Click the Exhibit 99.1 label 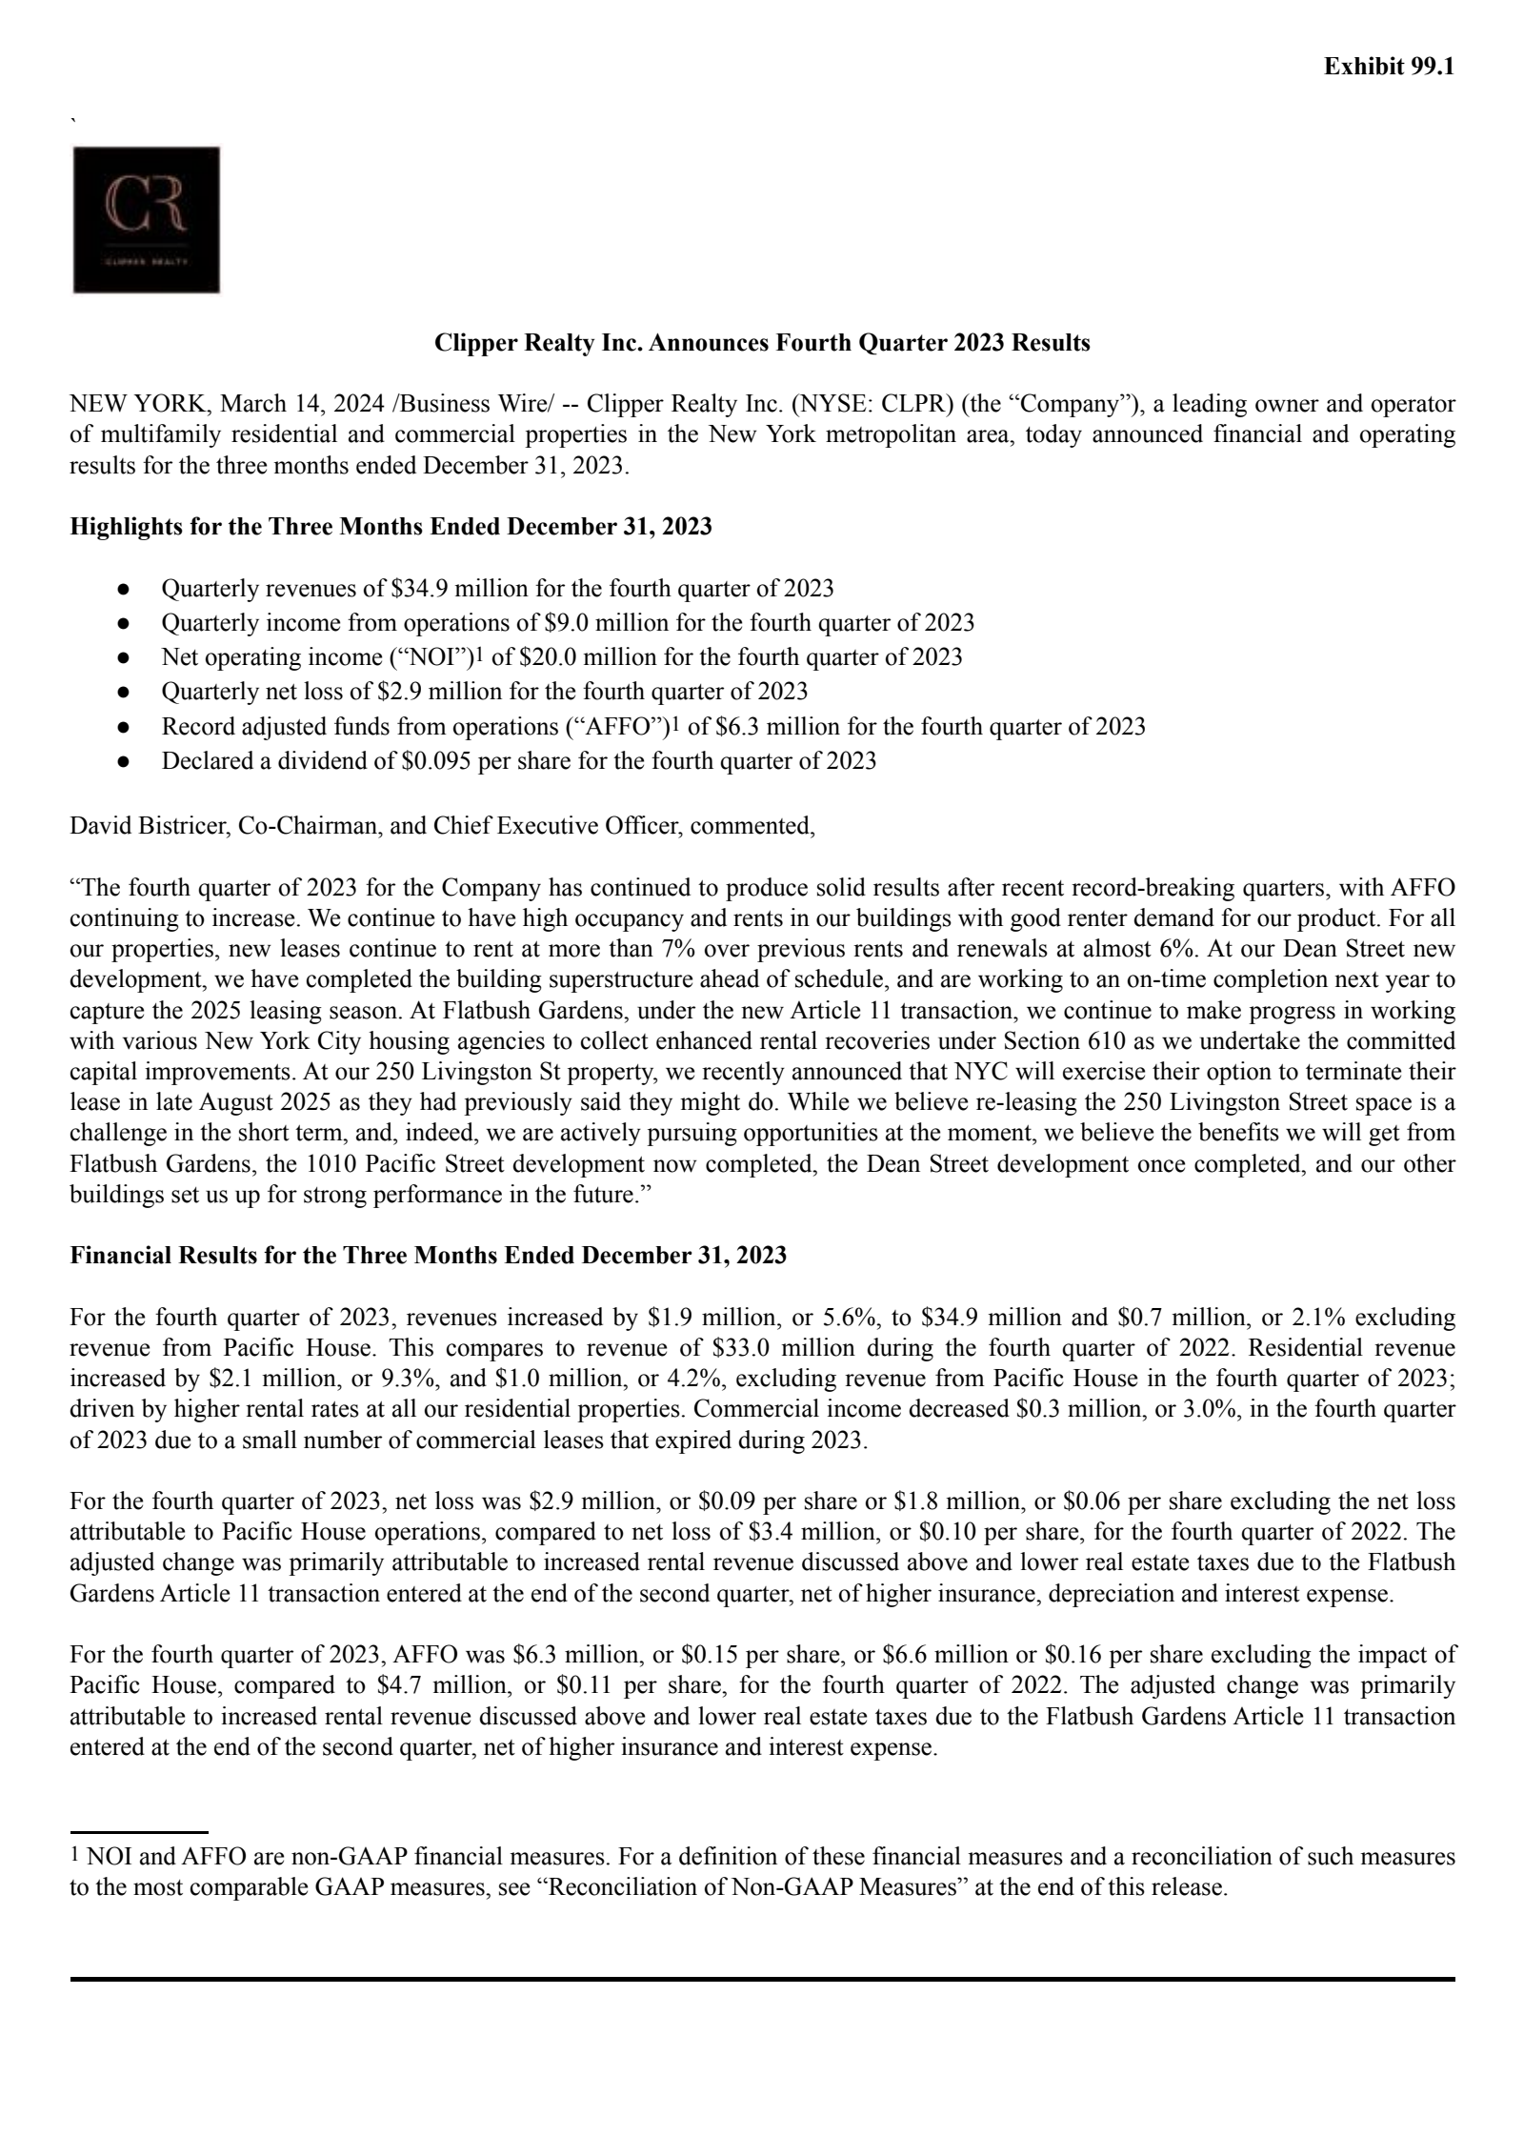(1389, 67)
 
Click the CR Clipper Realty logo (147, 220)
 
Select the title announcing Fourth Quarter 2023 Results (762, 343)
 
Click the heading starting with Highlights (391, 527)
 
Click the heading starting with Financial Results (428, 1256)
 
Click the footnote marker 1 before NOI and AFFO (75, 1857)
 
